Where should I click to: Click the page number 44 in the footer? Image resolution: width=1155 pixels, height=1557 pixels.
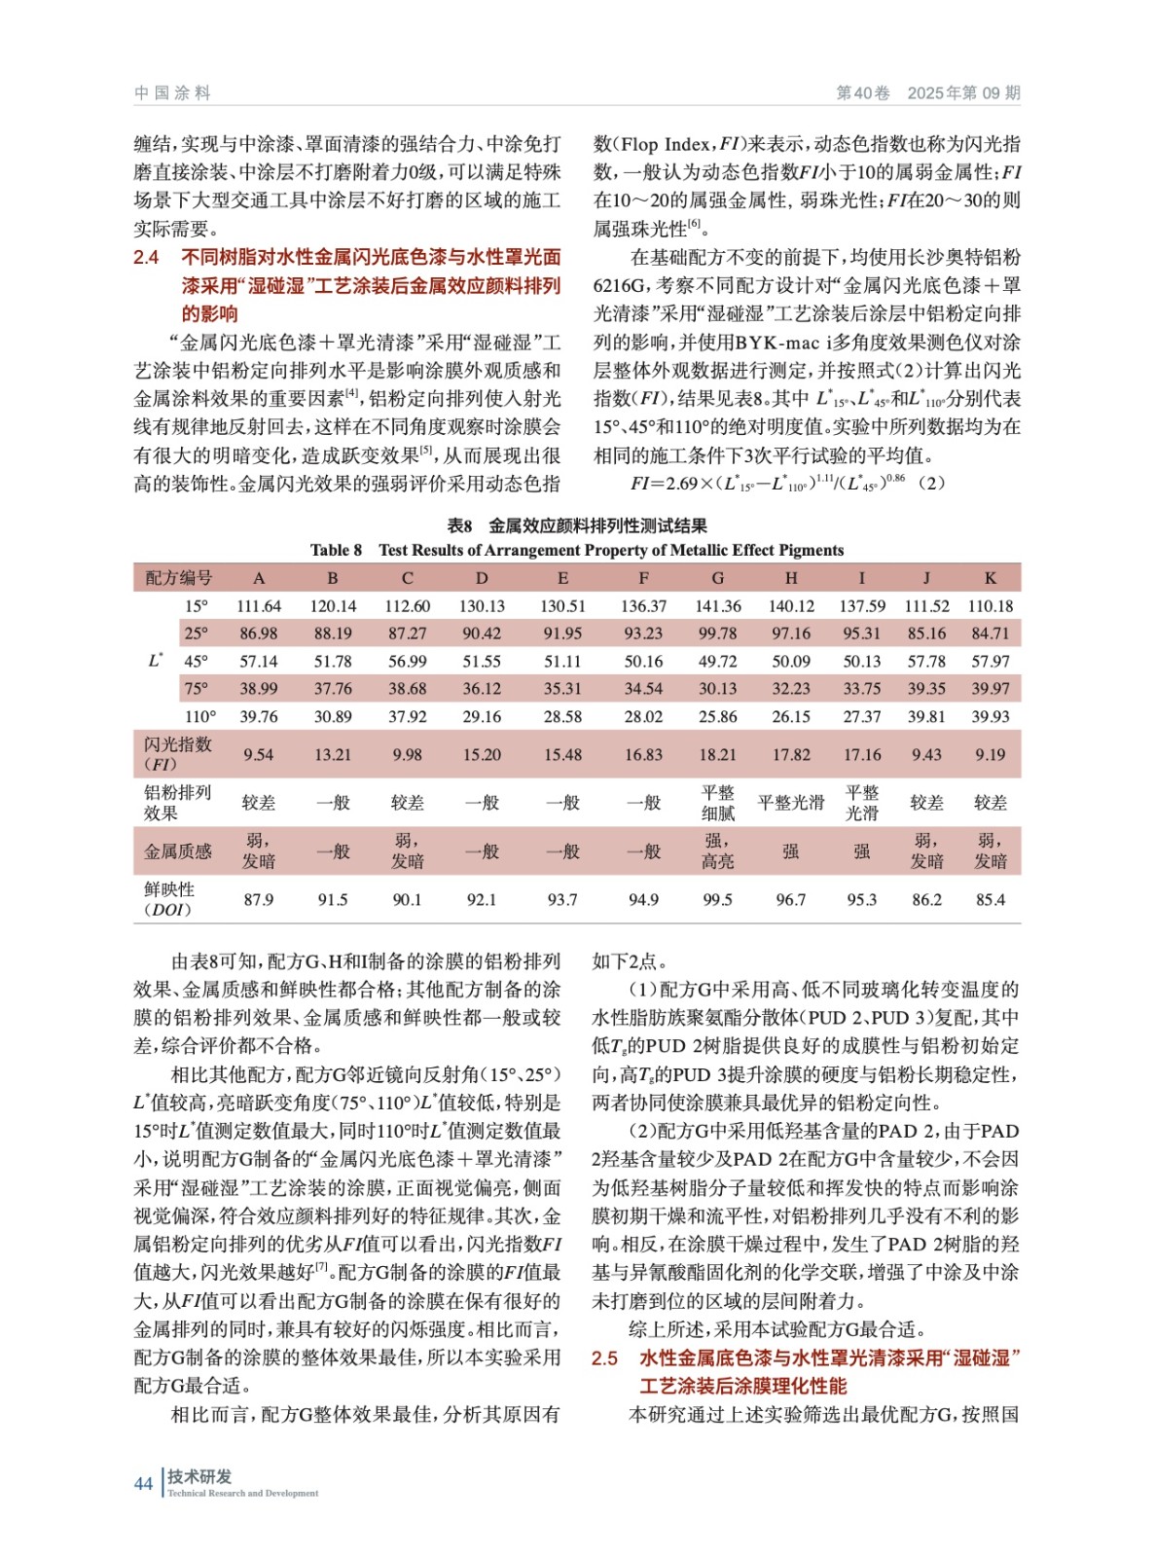point(143,1483)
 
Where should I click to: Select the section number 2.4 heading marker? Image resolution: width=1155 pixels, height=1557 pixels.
point(146,258)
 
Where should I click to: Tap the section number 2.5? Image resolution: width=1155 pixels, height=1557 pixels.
point(604,1358)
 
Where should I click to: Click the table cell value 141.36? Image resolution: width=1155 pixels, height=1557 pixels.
point(717,605)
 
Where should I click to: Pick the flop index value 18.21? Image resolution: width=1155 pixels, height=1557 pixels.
point(717,754)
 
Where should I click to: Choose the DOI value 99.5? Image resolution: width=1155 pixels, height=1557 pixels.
point(717,899)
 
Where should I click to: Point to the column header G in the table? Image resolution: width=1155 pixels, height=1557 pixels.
point(717,578)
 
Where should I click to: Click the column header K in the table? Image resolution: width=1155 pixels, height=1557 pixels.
point(990,578)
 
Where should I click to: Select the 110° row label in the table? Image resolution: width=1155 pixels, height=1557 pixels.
point(199,716)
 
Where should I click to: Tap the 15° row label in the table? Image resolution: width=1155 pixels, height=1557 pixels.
point(196,605)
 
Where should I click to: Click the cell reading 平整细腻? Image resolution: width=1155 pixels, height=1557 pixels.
point(717,803)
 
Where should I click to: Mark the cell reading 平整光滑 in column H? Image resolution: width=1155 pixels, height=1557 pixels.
point(790,803)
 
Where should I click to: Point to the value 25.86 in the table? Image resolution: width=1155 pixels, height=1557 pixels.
point(717,716)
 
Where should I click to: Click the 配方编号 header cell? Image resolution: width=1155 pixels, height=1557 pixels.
point(178,578)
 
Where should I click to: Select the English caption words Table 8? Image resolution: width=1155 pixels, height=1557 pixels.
point(336,550)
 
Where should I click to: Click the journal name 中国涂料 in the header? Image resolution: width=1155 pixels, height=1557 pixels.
point(172,92)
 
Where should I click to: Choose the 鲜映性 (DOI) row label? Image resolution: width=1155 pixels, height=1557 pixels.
point(169,899)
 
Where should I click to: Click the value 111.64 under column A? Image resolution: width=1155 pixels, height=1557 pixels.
point(259,605)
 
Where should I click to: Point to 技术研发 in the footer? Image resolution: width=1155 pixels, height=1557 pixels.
point(199,1476)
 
